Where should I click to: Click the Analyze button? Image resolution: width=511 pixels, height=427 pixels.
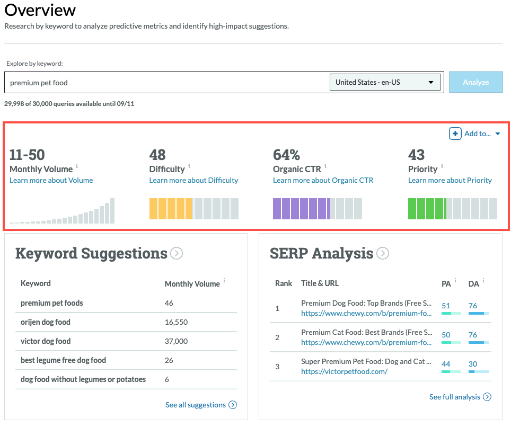pos(475,82)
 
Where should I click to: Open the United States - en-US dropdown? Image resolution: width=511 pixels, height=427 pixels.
pos(385,82)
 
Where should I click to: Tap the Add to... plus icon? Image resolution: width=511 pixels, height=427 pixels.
pos(455,134)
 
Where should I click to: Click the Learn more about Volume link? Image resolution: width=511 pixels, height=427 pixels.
pos(51,180)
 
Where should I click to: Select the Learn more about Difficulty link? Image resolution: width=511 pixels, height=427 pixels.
pos(193,180)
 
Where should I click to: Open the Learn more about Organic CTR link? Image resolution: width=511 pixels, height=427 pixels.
pos(323,180)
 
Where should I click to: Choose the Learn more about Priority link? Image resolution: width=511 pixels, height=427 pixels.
pos(450,180)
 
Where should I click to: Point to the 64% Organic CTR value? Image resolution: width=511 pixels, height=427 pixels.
pos(286,155)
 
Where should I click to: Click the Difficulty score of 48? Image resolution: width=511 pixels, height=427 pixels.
pos(157,155)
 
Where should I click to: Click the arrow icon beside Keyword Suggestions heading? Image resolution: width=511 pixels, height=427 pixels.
pos(177,254)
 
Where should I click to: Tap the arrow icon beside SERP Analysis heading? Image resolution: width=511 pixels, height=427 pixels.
pos(382,254)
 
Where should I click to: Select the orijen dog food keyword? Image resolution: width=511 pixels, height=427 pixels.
pos(46,322)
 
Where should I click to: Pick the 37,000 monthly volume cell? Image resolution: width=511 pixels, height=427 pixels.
pos(176,341)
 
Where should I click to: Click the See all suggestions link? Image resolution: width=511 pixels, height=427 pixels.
pos(196,405)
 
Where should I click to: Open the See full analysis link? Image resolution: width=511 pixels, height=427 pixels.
pos(455,397)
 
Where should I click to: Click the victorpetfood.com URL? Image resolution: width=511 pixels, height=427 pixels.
pos(344,371)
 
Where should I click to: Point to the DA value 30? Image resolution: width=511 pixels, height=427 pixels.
pos(473,364)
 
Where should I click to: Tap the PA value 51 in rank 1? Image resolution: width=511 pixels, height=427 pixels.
pos(446,306)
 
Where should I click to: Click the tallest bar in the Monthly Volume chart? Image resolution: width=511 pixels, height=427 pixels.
pos(112,210)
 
